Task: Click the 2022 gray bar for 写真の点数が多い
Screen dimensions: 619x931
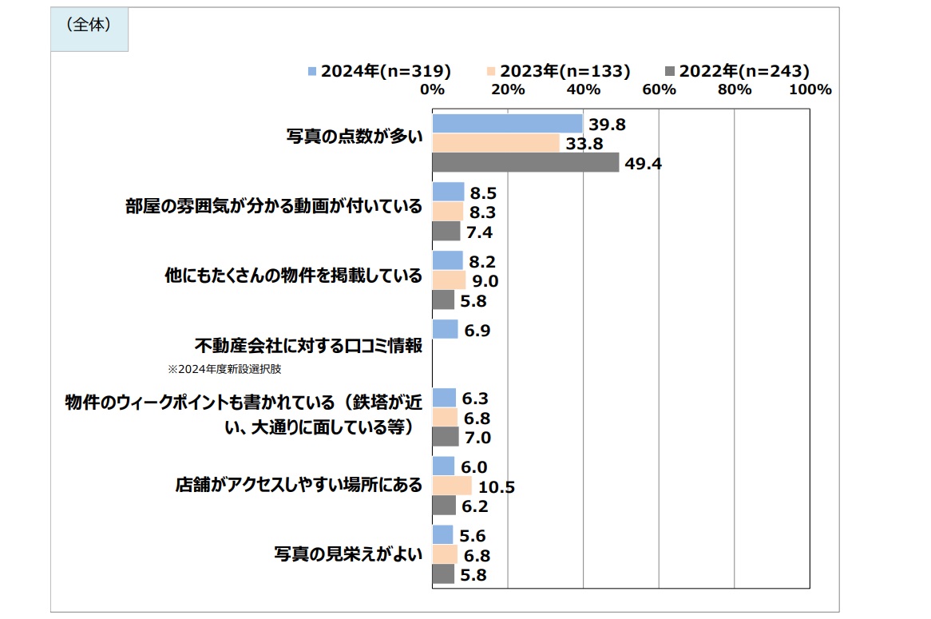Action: point(525,163)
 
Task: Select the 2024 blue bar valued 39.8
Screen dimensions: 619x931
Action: point(507,124)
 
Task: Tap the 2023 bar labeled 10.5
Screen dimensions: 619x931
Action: point(452,486)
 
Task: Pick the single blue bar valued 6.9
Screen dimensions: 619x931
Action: point(445,329)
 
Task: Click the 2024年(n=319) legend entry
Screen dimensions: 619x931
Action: point(379,71)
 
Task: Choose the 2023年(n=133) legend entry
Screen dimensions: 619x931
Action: point(558,71)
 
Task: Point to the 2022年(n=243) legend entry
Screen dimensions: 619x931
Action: point(738,71)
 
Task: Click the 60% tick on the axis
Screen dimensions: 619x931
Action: point(659,89)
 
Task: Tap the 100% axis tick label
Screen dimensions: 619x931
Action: point(810,89)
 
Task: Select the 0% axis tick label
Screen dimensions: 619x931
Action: point(432,89)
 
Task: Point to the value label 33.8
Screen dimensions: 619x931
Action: point(584,144)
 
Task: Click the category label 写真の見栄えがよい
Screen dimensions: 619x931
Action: point(348,555)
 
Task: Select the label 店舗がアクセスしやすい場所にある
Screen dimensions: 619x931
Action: point(299,485)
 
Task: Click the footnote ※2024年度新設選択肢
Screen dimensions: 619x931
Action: point(224,370)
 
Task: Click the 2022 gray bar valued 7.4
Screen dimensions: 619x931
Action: point(446,232)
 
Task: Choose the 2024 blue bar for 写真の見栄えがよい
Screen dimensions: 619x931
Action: point(442,535)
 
